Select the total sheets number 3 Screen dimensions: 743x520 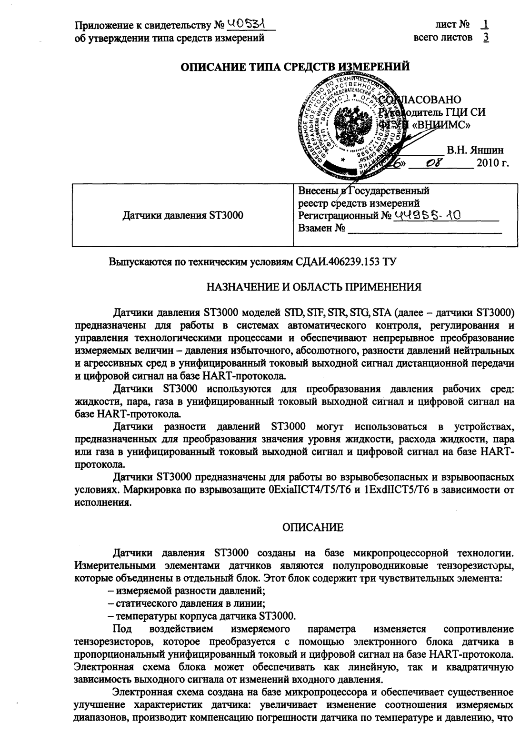[x=485, y=37]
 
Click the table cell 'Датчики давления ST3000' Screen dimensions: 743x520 [x=183, y=215]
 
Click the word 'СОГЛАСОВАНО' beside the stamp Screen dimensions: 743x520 [x=424, y=100]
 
